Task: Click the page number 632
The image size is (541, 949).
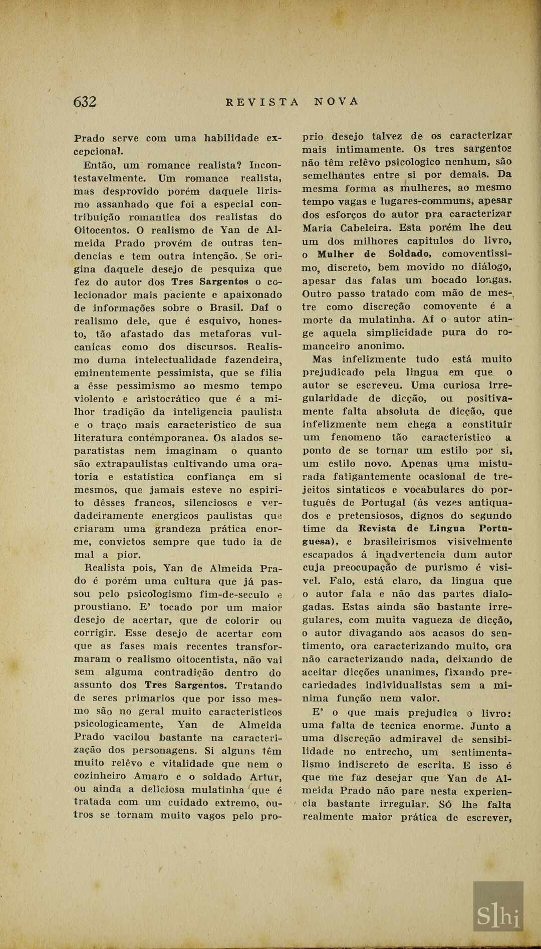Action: (x=85, y=102)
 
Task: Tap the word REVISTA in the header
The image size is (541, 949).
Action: (x=262, y=102)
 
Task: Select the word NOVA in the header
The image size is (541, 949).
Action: (x=337, y=101)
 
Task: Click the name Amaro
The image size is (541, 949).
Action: (x=151, y=777)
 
